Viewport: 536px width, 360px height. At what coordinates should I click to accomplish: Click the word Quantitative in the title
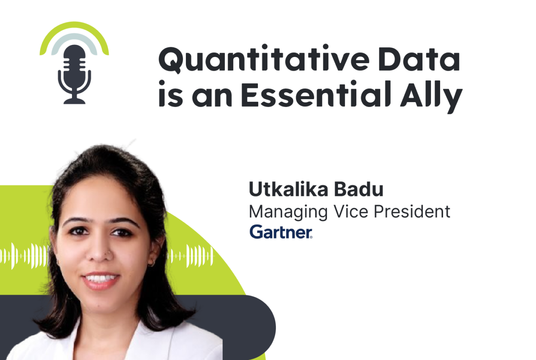click(x=264, y=59)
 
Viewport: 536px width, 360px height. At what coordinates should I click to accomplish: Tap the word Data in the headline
click(x=419, y=59)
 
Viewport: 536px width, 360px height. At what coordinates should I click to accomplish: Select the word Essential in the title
click(x=316, y=94)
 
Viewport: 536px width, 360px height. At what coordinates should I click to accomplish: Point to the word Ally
click(x=431, y=97)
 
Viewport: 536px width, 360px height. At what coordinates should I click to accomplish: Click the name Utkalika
click(x=289, y=189)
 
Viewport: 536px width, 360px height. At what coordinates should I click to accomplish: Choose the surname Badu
click(x=359, y=189)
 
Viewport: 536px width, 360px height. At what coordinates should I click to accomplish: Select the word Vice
click(x=351, y=211)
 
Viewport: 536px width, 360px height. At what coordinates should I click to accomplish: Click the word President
click(x=412, y=211)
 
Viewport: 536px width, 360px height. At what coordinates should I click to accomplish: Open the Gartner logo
click(x=281, y=231)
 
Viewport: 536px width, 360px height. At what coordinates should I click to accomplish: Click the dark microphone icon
click(x=75, y=74)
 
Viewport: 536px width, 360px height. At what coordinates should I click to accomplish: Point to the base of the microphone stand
click(x=74, y=101)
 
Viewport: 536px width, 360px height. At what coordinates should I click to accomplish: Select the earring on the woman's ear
click(x=151, y=264)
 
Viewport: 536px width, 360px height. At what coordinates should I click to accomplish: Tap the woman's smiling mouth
click(x=100, y=280)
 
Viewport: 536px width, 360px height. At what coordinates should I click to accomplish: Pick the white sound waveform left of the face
click(x=24, y=256)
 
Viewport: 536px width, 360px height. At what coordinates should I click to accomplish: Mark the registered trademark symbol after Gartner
click(x=311, y=237)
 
